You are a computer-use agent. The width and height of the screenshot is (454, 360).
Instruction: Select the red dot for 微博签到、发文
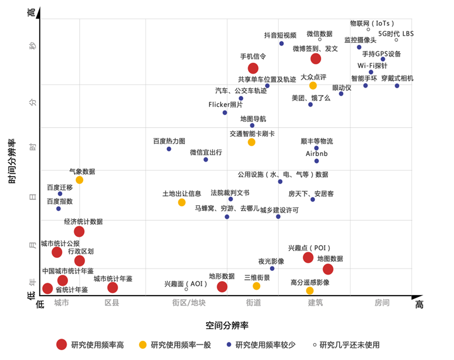tap(315, 59)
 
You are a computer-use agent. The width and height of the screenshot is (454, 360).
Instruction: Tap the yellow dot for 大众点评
tap(313, 85)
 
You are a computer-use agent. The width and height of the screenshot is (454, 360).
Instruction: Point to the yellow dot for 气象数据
tap(79, 180)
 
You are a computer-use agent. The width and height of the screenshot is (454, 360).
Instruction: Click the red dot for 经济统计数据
tap(79, 231)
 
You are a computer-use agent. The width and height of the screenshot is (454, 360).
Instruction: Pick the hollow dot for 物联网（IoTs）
tap(368, 29)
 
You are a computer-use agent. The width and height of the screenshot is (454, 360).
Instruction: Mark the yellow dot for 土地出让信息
tap(181, 202)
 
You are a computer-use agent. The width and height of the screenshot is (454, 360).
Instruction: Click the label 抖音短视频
tap(280, 35)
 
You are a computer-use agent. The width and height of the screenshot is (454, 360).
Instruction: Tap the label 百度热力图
tap(168, 141)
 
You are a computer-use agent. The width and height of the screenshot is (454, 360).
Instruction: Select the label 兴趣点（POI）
tap(309, 248)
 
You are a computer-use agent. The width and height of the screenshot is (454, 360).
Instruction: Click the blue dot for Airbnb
tap(317, 161)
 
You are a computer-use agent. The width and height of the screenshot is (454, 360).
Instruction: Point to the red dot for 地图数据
tap(328, 269)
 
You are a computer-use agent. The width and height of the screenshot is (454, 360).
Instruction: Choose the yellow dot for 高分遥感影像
tap(310, 290)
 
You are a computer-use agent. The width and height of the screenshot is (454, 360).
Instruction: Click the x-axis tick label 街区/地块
tap(189, 303)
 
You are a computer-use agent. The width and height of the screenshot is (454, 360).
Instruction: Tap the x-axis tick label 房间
tap(382, 303)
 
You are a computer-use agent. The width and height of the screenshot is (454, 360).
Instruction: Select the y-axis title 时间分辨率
tap(12, 162)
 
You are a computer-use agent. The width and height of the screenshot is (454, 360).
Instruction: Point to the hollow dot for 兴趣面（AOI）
tap(186, 289)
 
